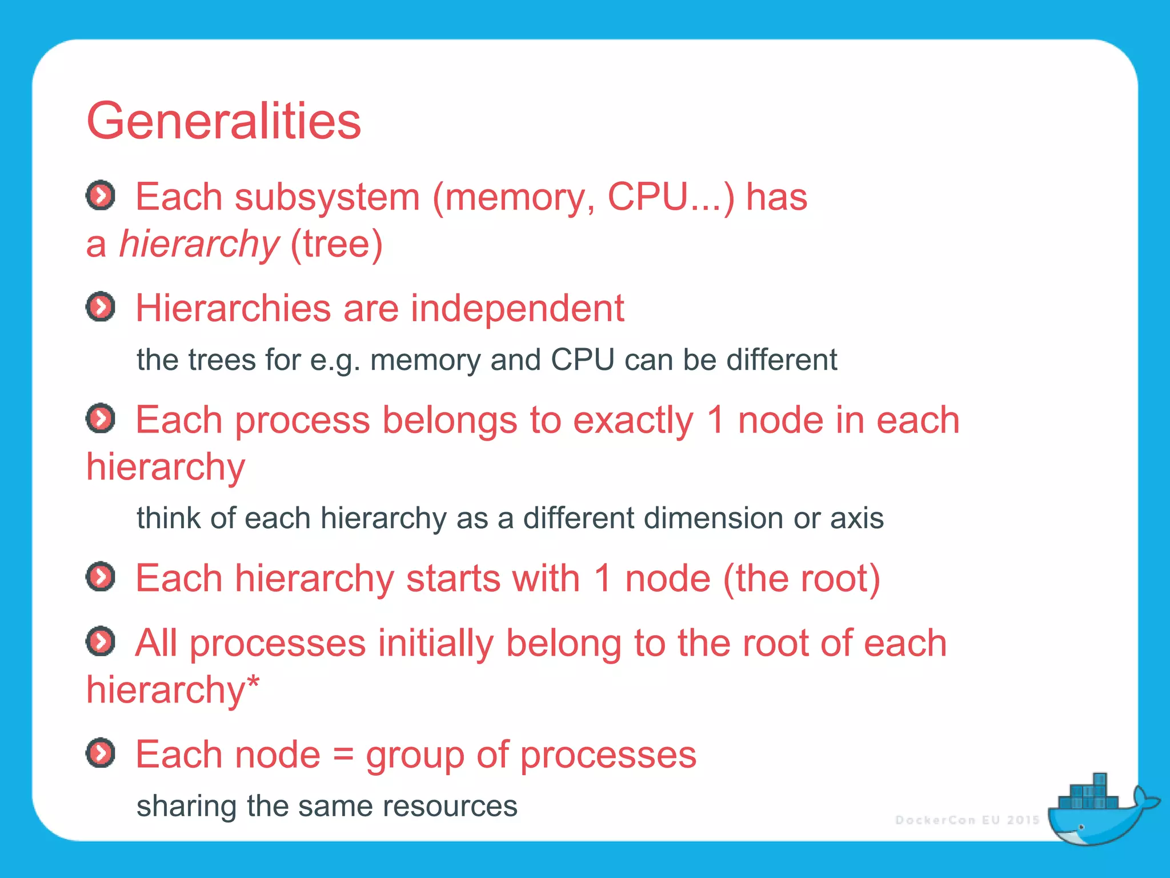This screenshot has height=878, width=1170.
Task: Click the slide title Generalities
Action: tap(223, 121)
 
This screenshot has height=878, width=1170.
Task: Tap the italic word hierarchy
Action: tap(199, 244)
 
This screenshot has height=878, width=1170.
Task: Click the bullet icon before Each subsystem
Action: tap(101, 196)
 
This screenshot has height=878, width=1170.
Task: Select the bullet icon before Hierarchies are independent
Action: tap(101, 307)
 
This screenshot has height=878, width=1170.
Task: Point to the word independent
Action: tap(517, 309)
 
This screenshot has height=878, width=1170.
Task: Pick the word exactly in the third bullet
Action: tap(633, 421)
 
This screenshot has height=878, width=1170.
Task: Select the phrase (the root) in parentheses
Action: tap(802, 578)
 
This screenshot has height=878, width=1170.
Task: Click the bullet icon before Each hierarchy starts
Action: tap(101, 576)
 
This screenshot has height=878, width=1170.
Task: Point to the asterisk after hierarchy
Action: tap(253, 681)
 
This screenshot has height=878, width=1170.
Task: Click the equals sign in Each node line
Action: tap(343, 755)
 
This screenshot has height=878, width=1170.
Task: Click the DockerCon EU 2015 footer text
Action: tap(967, 820)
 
